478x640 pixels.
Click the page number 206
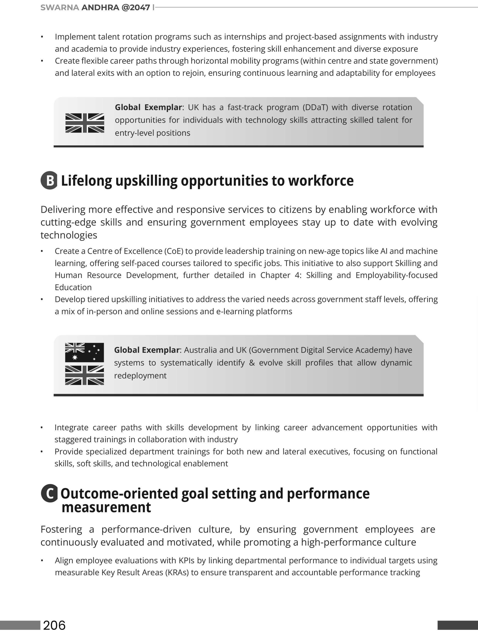[54, 625]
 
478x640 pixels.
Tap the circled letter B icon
[49, 180]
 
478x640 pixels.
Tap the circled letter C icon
[49, 493]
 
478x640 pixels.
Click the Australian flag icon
[84, 352]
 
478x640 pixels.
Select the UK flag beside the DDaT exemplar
[85, 123]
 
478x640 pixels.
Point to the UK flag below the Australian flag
[84, 375]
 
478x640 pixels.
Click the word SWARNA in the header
[59, 7]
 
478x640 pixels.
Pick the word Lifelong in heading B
[86, 180]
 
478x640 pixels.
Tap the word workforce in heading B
[321, 180]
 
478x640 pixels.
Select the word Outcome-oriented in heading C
[120, 493]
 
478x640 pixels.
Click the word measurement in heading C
[106, 507]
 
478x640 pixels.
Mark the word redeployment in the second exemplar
[140, 375]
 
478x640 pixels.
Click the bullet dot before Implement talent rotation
[42, 37]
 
